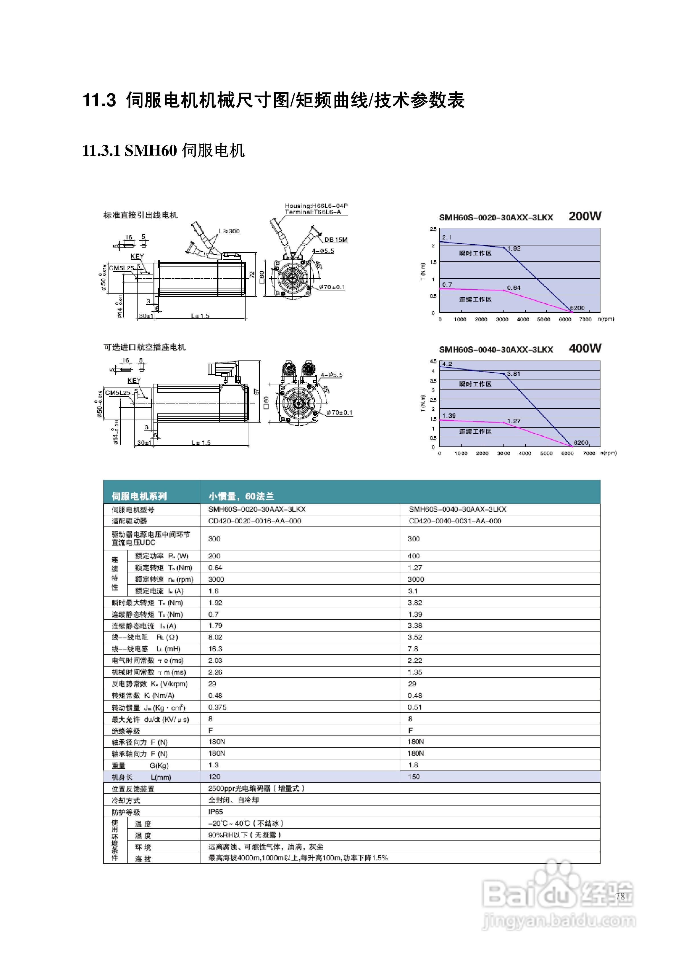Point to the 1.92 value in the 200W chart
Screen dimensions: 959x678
click(513, 249)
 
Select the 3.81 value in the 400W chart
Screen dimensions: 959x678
click(513, 374)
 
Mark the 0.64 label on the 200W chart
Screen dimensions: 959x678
click(513, 288)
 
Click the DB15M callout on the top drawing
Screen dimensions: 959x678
click(335, 240)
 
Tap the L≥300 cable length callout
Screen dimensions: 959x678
click(229, 231)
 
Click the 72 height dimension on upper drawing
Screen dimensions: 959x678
click(252, 274)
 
